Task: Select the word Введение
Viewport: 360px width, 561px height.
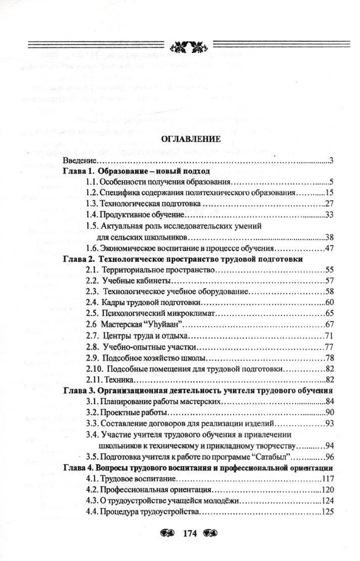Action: click(79, 161)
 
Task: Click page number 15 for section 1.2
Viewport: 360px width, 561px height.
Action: click(331, 193)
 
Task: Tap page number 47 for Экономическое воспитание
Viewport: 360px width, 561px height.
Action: click(331, 249)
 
